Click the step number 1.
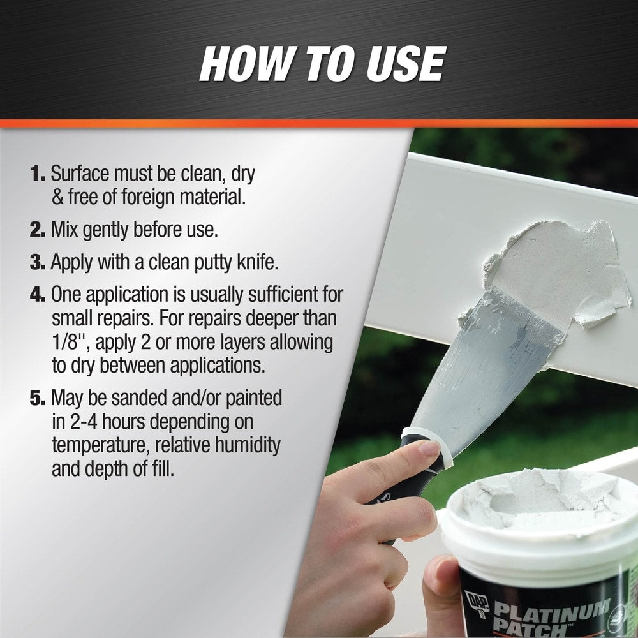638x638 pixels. (x=37, y=174)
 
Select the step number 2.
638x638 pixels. (x=37, y=230)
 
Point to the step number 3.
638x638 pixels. (x=37, y=262)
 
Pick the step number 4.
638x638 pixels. (x=37, y=295)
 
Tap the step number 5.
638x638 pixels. (x=37, y=398)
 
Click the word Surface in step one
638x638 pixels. (x=80, y=174)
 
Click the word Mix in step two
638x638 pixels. (x=64, y=230)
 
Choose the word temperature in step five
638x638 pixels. (x=101, y=446)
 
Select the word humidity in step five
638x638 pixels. (x=248, y=445)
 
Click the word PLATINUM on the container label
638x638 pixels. (x=552, y=611)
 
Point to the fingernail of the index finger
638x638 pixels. (x=429, y=448)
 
